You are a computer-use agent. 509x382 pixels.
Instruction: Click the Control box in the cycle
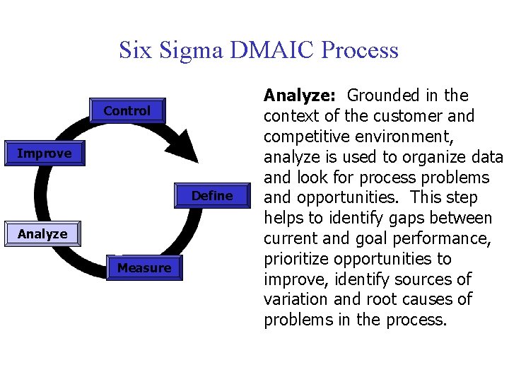(127, 111)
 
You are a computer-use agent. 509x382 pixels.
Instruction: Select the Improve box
(44, 154)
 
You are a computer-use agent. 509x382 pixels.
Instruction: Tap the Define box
(212, 196)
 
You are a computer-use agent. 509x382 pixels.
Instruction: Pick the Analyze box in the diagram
(42, 234)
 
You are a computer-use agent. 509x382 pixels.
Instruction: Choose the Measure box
(144, 268)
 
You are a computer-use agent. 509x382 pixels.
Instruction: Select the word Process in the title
(360, 50)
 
